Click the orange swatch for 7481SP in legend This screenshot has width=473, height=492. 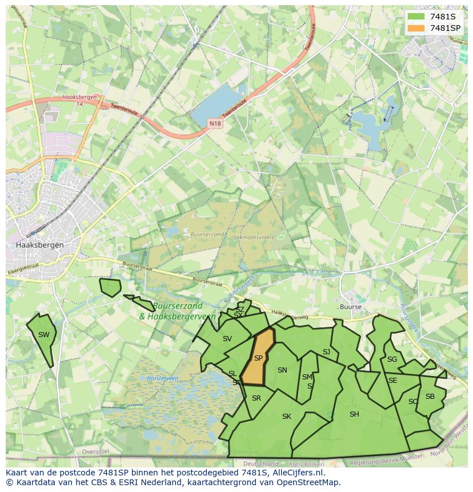pos(416,27)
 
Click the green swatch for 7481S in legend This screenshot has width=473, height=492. pos(416,15)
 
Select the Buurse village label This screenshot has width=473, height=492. pos(351,307)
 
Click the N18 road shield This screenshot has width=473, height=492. pos(214,123)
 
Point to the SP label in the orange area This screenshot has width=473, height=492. pos(258,358)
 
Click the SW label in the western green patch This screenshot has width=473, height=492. pos(44,335)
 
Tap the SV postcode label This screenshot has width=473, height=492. pos(227,339)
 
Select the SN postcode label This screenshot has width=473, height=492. pos(282,370)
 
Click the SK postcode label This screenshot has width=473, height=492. pos(287,417)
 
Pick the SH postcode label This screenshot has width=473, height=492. pos(354,414)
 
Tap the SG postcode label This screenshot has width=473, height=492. pos(392,359)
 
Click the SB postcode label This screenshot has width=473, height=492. pos(430,397)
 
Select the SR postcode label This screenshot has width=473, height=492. pos(256,398)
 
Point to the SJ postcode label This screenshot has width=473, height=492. pos(326,352)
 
